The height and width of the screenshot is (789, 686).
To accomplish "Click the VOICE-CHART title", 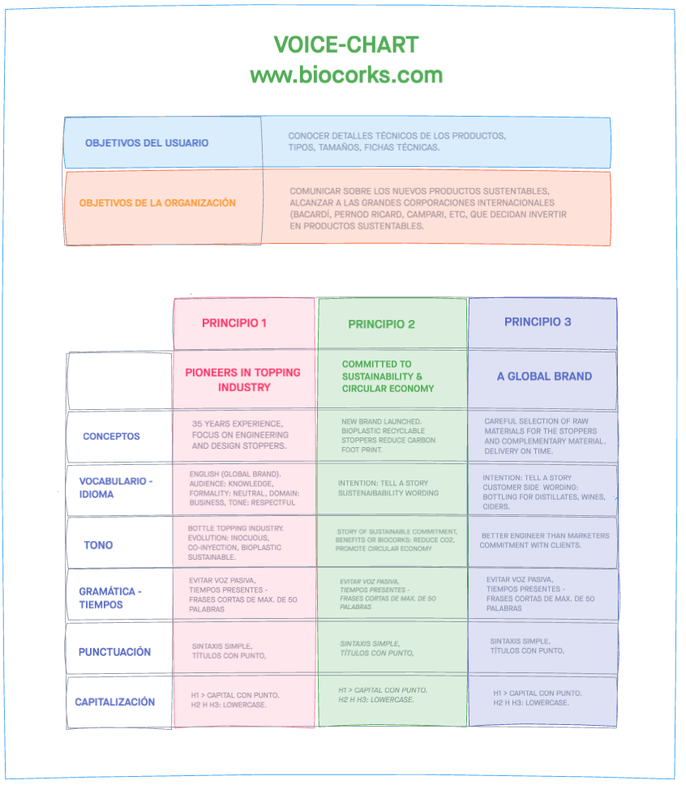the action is pyautogui.click(x=346, y=45).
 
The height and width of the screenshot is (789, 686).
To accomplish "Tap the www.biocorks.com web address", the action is pyautogui.click(x=346, y=75).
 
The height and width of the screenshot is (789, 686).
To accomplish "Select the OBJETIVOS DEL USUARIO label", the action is pyautogui.click(x=147, y=143).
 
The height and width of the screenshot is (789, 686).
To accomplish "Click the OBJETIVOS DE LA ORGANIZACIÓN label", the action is pyautogui.click(x=157, y=203).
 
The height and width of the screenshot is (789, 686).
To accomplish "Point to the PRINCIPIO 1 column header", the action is pyautogui.click(x=234, y=322).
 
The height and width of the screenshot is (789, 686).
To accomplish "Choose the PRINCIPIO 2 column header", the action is pyautogui.click(x=381, y=324).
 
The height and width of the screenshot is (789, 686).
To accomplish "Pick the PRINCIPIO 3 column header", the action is pyautogui.click(x=538, y=322).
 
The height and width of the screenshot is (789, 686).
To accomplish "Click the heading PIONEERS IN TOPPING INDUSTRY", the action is pyautogui.click(x=243, y=380).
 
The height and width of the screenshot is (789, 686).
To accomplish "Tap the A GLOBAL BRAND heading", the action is pyautogui.click(x=544, y=376).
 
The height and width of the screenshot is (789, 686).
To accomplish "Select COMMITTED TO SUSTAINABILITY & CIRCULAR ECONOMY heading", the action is pyautogui.click(x=388, y=376).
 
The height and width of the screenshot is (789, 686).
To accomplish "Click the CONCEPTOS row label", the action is pyautogui.click(x=111, y=436).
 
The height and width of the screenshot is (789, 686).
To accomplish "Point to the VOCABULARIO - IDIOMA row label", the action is pyautogui.click(x=115, y=488).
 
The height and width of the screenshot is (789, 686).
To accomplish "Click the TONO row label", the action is pyautogui.click(x=98, y=545).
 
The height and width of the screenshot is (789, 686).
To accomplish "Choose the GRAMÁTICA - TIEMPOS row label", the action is pyautogui.click(x=109, y=598).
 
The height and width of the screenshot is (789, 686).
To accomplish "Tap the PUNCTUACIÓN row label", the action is pyautogui.click(x=114, y=651).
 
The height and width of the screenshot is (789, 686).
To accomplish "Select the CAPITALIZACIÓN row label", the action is pyautogui.click(x=114, y=702).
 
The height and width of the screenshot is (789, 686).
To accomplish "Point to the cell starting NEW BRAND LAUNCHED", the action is pyautogui.click(x=388, y=435).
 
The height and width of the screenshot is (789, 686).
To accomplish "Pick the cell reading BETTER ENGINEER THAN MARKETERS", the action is pyautogui.click(x=543, y=540).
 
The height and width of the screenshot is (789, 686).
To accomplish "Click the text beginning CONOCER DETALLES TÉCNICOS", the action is pyautogui.click(x=397, y=142).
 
